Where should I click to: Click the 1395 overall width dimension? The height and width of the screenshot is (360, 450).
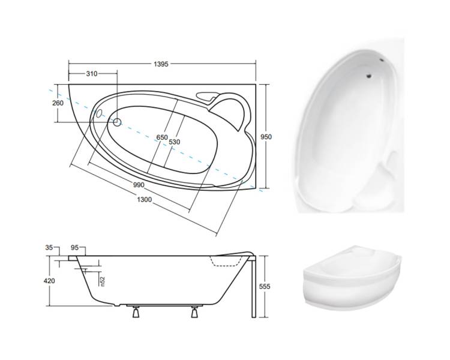(161, 64)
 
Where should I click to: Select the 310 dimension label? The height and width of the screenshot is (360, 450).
(92, 74)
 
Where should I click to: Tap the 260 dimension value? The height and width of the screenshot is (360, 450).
(58, 103)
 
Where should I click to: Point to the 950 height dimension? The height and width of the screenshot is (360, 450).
(266, 137)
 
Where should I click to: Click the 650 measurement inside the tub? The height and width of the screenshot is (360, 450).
(162, 137)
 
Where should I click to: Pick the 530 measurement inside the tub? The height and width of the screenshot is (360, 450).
(174, 142)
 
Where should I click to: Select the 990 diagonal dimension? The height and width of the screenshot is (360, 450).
(139, 185)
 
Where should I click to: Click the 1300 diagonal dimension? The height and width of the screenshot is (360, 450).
(145, 200)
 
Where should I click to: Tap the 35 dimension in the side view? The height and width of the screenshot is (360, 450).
(49, 247)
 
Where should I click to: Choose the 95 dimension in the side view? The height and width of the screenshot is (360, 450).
(74, 247)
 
